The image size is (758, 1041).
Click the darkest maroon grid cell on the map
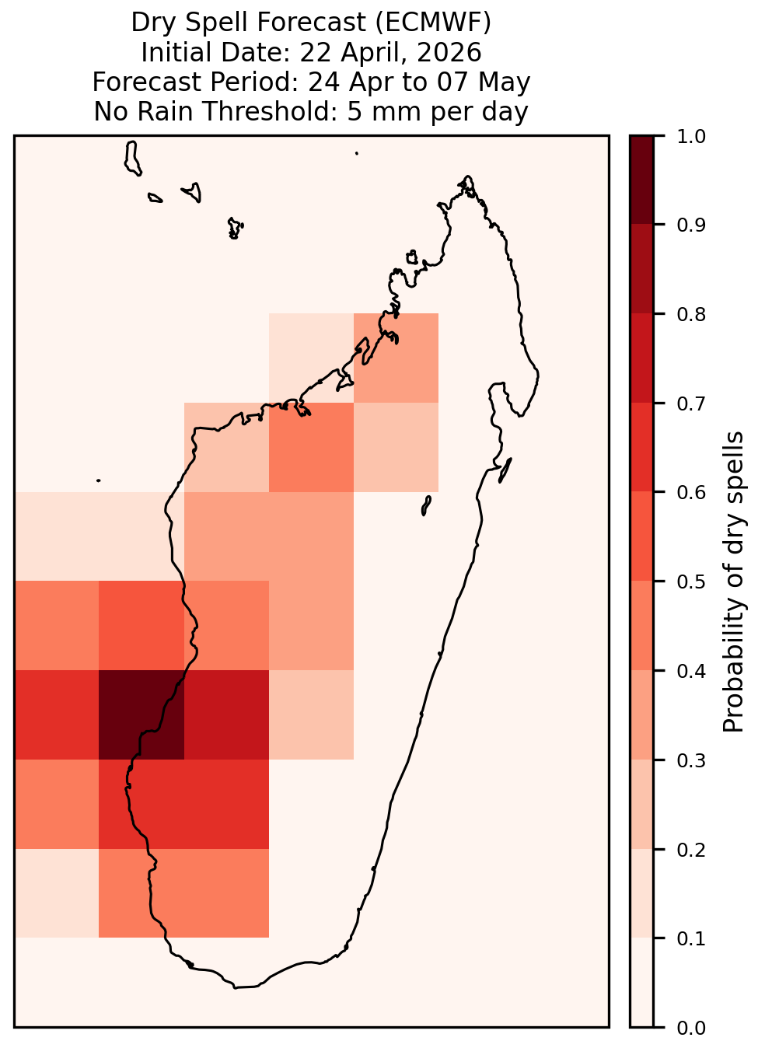[x=141, y=714]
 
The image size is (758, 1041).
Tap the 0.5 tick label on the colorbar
[x=691, y=582]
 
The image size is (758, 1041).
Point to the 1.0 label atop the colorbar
[x=691, y=137]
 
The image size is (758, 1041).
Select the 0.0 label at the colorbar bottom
[x=691, y=1028]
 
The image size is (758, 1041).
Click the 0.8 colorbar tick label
[x=691, y=314]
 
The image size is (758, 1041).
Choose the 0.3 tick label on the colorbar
[x=691, y=760]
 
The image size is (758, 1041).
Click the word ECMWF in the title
[x=433, y=23]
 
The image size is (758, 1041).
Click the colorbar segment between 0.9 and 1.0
[x=642, y=180]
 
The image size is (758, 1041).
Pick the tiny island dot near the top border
[x=357, y=153]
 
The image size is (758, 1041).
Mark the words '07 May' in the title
[x=484, y=82]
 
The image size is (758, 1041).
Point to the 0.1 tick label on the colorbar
[x=691, y=938]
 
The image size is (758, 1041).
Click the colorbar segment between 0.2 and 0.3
[x=642, y=805]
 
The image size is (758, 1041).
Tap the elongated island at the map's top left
[x=132, y=158]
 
